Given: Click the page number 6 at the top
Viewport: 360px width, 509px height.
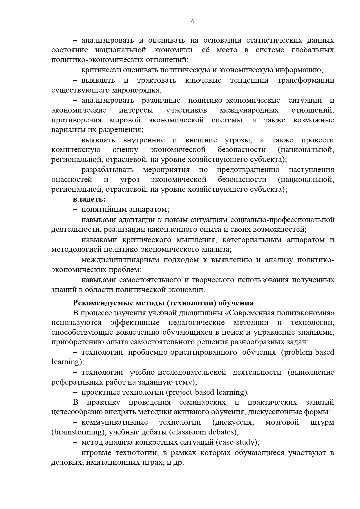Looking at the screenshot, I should click(193, 21).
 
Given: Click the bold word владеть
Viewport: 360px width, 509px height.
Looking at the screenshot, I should click(89, 199).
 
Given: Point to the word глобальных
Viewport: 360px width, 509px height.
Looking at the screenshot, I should click(312, 50).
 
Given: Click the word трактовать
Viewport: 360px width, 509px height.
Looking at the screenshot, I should click(157, 80).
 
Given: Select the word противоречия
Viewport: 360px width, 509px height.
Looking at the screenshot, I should click(77, 120).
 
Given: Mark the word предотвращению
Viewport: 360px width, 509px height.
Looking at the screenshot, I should click(248, 170).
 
